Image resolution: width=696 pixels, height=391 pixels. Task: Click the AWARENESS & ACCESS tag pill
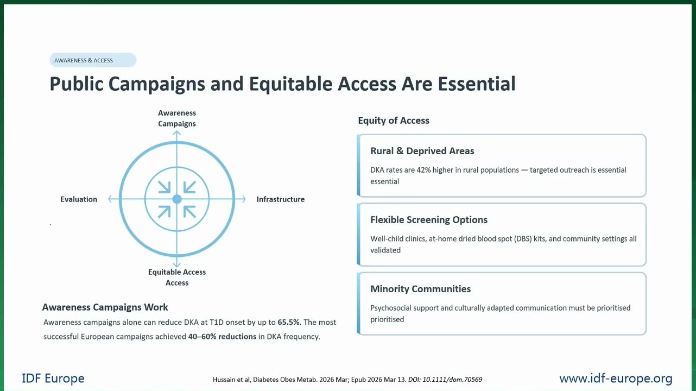(93, 60)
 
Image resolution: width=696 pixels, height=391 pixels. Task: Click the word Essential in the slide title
(477, 84)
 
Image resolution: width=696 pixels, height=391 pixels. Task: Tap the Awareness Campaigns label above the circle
(177, 118)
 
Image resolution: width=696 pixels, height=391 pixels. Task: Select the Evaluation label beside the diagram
(79, 199)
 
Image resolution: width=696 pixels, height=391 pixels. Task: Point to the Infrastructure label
(281, 199)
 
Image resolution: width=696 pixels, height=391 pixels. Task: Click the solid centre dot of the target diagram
(177, 199)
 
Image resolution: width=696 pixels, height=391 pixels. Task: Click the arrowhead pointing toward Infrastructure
(243, 199)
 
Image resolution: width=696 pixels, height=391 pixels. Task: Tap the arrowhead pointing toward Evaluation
(110, 199)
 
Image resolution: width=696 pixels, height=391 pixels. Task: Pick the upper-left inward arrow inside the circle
(164, 187)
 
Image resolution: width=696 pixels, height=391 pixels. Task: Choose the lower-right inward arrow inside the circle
(189, 212)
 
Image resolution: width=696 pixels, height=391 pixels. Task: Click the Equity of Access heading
(394, 120)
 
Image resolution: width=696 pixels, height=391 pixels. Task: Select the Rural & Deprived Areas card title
(422, 151)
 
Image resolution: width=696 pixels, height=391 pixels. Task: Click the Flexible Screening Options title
(429, 220)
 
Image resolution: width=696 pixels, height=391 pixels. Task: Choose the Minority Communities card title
(420, 289)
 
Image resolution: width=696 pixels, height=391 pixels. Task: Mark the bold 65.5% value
(289, 322)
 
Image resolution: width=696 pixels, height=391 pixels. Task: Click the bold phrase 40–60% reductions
(222, 337)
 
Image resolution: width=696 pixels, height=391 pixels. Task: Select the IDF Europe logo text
(53, 379)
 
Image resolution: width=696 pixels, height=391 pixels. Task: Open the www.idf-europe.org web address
(616, 379)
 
